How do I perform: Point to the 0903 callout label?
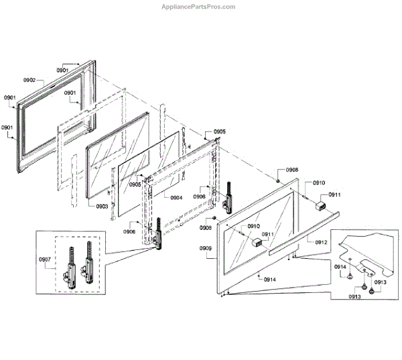click(102, 206)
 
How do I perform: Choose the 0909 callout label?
click(206, 248)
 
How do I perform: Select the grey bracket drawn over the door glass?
click(255, 242)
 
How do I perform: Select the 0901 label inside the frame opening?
click(73, 94)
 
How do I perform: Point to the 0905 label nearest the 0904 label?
click(135, 184)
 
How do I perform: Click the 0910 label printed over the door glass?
click(253, 227)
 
